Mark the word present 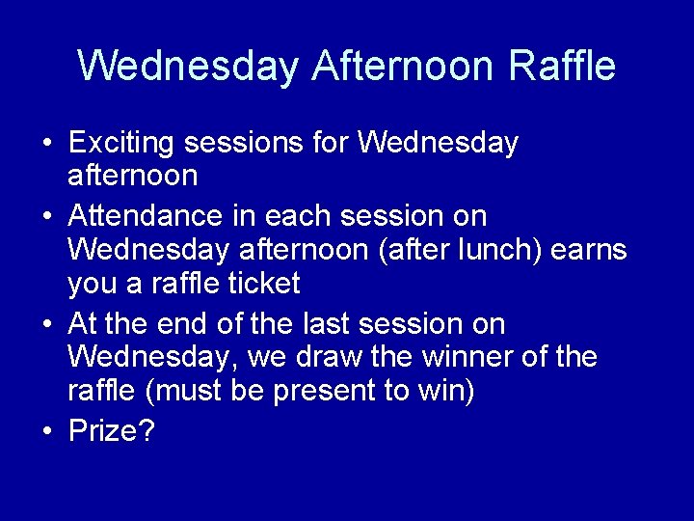click(338, 392)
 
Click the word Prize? click(112, 429)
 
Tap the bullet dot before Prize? click(47, 430)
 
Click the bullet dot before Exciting click(47, 145)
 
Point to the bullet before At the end click(47, 323)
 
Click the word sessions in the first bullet click(247, 144)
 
